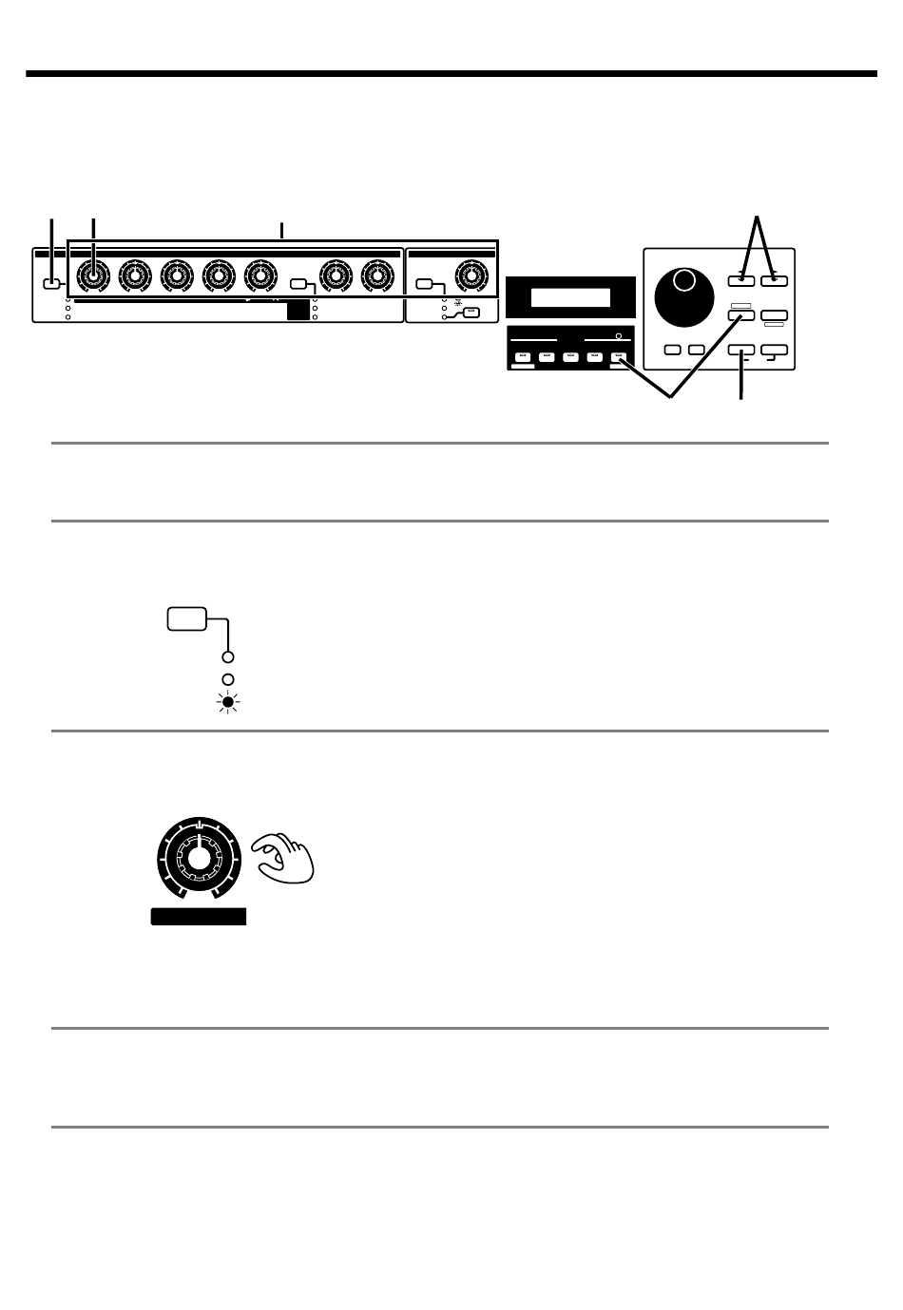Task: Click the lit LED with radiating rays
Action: [228, 703]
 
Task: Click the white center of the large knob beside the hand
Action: [198, 857]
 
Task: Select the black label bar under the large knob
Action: [199, 917]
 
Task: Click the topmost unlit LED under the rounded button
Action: [228, 656]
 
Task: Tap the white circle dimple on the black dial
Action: [685, 279]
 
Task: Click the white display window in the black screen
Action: [570, 297]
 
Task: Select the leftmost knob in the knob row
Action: [92, 275]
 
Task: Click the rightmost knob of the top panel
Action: [469, 275]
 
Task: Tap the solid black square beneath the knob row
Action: [298, 310]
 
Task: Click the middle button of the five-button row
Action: [570, 358]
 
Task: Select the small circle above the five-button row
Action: [619, 336]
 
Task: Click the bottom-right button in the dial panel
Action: [774, 351]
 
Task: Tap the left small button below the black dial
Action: [673, 350]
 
